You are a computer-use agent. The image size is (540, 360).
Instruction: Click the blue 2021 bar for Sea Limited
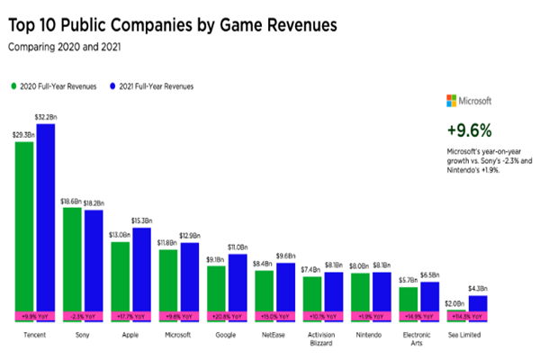[479, 303]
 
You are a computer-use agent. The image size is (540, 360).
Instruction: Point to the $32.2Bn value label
[46, 116]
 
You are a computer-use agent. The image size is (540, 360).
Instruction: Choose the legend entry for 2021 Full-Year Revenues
[146, 86]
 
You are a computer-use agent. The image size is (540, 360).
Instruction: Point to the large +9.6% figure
[469, 129]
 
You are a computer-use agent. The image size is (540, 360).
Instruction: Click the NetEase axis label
[265, 332]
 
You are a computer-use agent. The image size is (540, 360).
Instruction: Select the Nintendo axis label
[370, 332]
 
